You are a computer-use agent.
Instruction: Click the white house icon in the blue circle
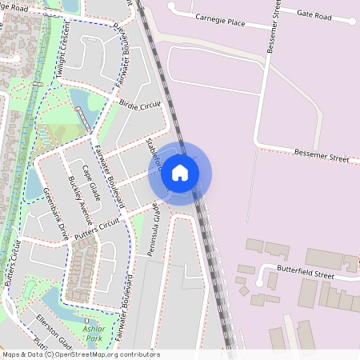[x=180, y=172]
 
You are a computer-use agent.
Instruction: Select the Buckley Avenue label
[x=81, y=201]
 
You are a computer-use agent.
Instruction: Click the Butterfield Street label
[x=305, y=274]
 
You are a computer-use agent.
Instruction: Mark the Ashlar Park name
[x=94, y=334]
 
